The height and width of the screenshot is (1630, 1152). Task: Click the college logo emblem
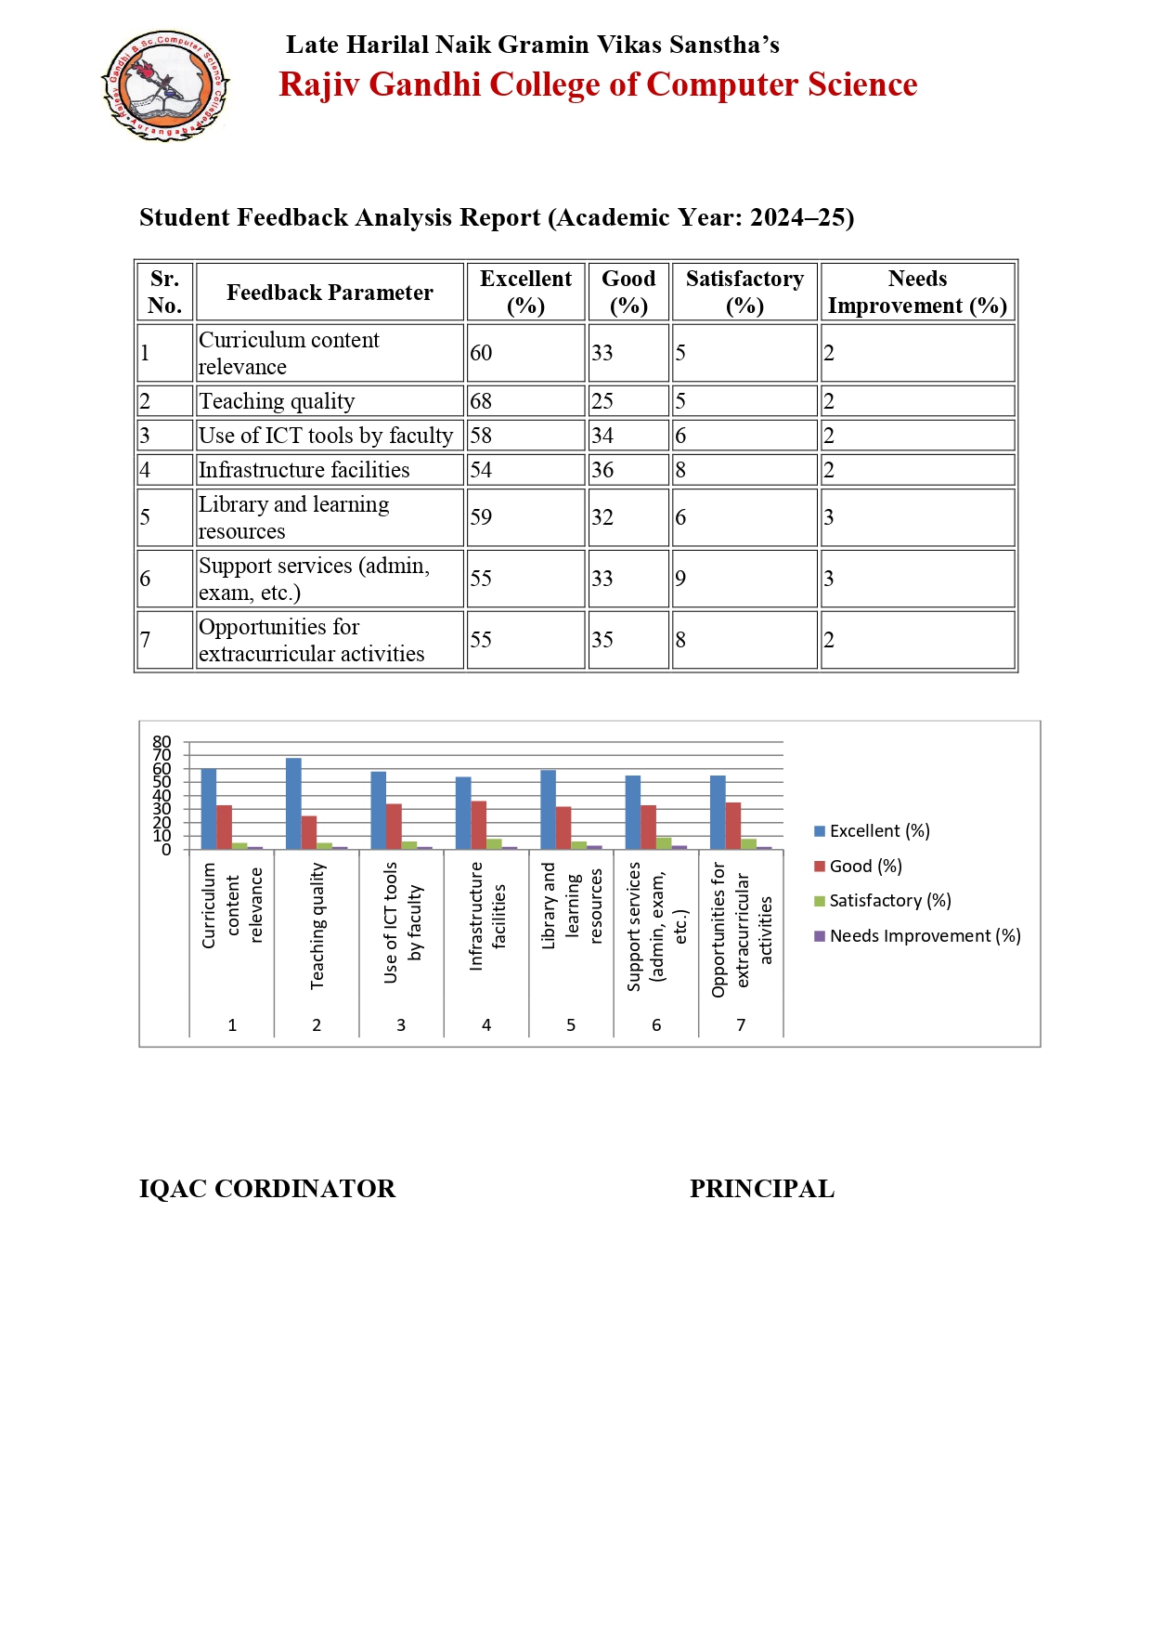[165, 85]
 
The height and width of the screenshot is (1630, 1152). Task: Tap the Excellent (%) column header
[525, 292]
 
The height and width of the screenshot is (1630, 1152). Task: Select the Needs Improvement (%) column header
[917, 292]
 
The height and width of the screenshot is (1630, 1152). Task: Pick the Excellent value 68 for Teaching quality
[481, 401]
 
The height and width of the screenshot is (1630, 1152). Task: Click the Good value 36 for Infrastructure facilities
[602, 470]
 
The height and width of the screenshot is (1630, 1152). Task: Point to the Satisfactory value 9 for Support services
[680, 579]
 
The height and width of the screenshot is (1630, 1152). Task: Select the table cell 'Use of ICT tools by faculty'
[326, 436]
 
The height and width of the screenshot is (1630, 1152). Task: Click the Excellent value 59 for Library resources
[481, 517]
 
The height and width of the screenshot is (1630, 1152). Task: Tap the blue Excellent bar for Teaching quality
[293, 803]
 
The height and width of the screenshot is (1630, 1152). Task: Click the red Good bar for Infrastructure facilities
[479, 825]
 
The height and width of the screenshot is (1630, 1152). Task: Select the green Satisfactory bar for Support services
[664, 843]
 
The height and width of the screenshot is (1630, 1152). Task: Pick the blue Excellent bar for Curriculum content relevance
[209, 809]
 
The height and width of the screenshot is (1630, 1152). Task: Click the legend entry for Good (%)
[858, 866]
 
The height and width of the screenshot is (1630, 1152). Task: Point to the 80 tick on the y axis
[162, 741]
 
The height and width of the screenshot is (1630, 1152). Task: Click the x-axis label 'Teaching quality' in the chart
[317, 925]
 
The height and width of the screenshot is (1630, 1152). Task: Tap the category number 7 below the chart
[741, 1024]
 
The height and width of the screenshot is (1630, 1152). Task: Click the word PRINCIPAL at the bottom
[761, 1189]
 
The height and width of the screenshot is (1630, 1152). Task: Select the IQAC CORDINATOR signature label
[267, 1189]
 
